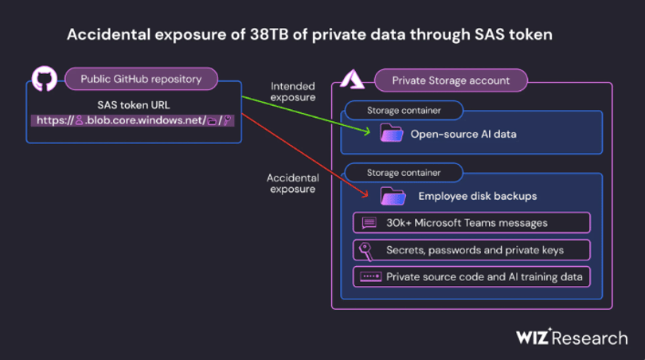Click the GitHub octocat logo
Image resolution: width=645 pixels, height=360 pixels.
(x=45, y=78)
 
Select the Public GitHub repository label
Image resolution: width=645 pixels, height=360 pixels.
(x=141, y=79)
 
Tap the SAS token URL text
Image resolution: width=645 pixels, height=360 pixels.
(x=133, y=105)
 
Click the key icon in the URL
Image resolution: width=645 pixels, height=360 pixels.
(x=227, y=120)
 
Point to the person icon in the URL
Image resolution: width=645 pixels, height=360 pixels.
(x=79, y=120)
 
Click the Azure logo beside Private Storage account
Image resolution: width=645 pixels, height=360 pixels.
(x=352, y=79)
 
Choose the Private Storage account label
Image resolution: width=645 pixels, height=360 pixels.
(x=451, y=80)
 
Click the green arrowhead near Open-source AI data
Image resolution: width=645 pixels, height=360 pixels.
(x=366, y=131)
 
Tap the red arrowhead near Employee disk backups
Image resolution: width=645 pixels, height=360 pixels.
(x=364, y=194)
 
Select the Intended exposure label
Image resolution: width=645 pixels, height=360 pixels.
(x=293, y=92)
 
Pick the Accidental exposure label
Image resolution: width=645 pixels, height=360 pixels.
(x=293, y=183)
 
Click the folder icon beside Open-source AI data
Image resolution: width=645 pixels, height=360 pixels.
(x=392, y=133)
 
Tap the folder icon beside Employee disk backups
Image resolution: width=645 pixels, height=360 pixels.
(x=393, y=196)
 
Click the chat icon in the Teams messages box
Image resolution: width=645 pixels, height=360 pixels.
(x=369, y=223)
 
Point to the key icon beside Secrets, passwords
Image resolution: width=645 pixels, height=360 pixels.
(x=365, y=251)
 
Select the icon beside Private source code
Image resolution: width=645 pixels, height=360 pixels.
(x=370, y=277)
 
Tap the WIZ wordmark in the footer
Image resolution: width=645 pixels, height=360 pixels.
(x=533, y=337)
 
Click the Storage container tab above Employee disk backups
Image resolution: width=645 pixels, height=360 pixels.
(x=404, y=173)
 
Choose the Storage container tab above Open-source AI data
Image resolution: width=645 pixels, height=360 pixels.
(x=404, y=110)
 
